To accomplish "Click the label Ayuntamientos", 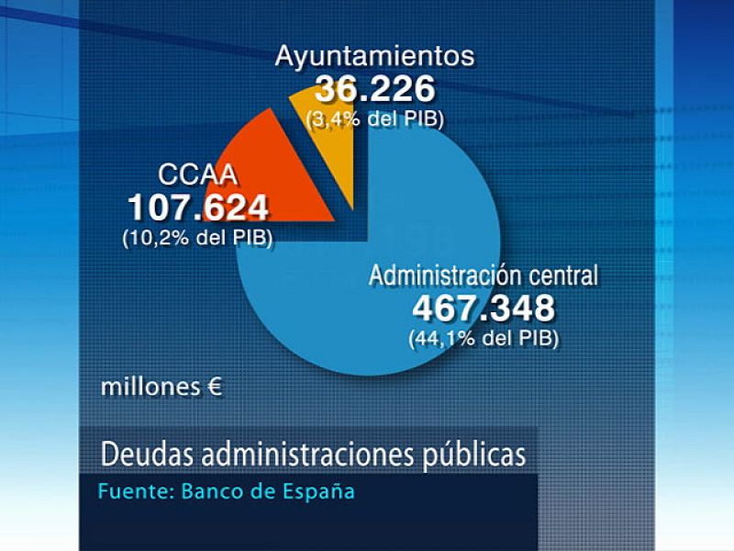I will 375,56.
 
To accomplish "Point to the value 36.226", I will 374,89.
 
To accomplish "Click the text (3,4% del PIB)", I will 374,118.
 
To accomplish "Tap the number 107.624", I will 197,207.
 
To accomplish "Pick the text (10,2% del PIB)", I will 197,236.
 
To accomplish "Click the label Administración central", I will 484,275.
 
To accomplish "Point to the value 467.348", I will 484,307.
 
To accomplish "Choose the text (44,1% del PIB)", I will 484,337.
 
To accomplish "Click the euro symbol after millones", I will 213,387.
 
